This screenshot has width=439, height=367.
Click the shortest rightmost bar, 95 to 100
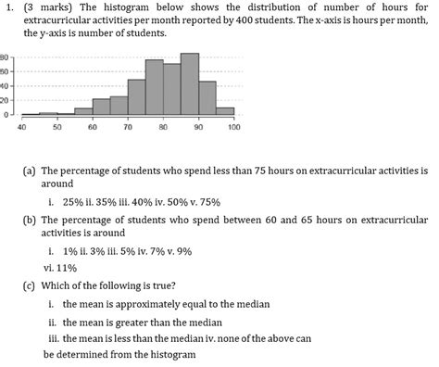(x=225, y=111)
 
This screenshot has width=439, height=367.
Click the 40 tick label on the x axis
(x=21, y=126)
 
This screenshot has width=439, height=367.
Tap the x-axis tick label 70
(x=128, y=126)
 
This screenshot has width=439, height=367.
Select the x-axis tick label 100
(x=233, y=126)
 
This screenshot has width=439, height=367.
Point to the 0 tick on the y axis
(x=5, y=115)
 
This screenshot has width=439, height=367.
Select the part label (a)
(x=30, y=171)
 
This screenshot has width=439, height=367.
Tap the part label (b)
(x=30, y=221)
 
